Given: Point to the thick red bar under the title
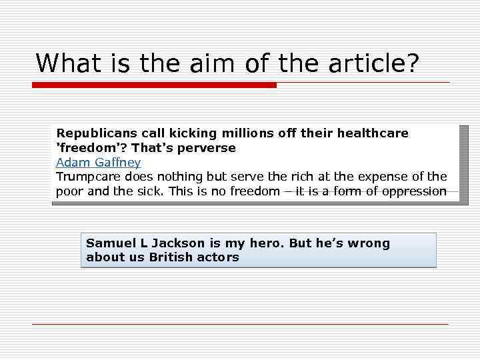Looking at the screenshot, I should point(155,85).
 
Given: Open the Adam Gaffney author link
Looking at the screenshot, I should point(98,163).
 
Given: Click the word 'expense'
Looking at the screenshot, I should point(383,177).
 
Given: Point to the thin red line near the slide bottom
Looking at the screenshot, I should point(240,324).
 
